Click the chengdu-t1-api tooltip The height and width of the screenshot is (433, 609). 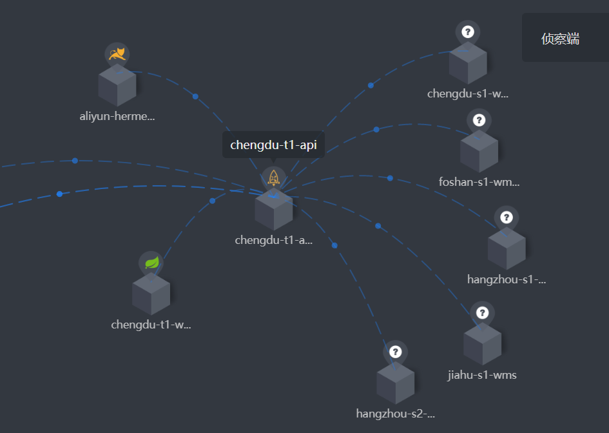click(273, 145)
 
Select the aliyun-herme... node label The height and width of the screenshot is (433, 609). click(117, 116)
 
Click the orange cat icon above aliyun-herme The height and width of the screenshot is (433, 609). click(117, 54)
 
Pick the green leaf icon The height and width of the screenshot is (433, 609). click(151, 263)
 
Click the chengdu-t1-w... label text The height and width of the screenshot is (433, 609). click(151, 325)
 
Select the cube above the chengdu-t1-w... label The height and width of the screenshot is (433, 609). click(151, 294)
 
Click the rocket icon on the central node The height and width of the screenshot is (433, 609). click(273, 178)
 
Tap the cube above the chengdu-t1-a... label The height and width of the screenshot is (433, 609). click(273, 209)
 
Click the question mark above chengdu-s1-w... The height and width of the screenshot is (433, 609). click(468, 32)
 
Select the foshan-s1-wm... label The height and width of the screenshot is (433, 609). click(479, 182)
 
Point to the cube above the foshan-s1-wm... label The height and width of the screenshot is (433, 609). click(479, 152)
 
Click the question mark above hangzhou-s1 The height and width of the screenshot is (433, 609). click(507, 217)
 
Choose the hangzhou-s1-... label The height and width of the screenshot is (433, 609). click(507, 279)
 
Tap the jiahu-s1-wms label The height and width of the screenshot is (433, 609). click(482, 375)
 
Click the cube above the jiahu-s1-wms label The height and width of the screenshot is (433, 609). click(483, 344)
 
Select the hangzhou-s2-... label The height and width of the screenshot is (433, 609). click(396, 413)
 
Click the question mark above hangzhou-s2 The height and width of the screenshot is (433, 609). click(396, 352)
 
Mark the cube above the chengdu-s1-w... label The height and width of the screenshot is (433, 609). click(468, 63)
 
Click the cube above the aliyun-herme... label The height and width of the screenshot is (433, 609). click(117, 85)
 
